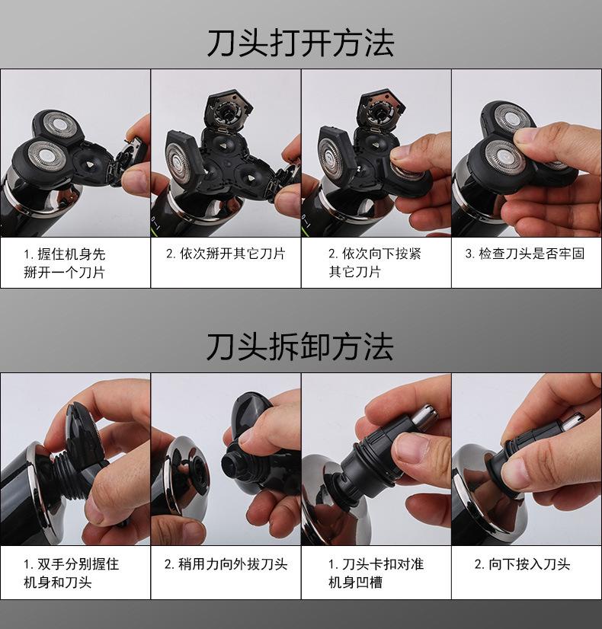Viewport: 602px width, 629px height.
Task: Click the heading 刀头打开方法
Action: tap(300, 43)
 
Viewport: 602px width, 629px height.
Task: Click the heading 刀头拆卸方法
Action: tap(300, 346)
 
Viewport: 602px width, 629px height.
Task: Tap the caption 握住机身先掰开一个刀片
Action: tap(64, 263)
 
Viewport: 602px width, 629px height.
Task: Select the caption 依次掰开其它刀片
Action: tap(226, 254)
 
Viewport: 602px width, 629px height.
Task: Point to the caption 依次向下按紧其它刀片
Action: tap(374, 263)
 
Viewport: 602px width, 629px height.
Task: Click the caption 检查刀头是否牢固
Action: tap(525, 254)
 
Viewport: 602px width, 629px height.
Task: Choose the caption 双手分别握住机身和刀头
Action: tap(71, 573)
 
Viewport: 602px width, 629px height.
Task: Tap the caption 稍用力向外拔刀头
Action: tap(226, 564)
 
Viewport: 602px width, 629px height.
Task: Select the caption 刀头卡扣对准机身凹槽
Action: tap(376, 573)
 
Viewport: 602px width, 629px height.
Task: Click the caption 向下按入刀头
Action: tap(522, 564)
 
